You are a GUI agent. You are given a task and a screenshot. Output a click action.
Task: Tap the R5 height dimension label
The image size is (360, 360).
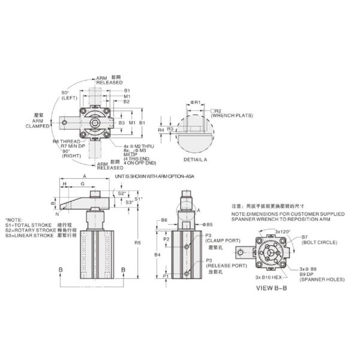click(x=139, y=243)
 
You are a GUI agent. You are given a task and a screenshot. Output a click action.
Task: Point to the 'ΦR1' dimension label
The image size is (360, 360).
click(x=196, y=103)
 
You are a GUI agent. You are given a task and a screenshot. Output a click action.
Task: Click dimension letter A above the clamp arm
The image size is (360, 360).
click(x=84, y=176)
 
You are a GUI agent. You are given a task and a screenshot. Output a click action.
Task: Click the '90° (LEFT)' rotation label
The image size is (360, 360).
click(x=67, y=94)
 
